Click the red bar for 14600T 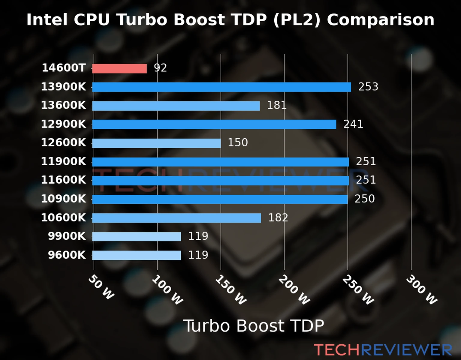click(x=119, y=68)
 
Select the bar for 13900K click(x=221, y=87)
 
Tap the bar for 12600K click(x=156, y=143)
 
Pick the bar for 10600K click(x=176, y=218)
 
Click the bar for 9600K click(x=137, y=255)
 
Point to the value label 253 click(x=368, y=87)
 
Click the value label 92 click(x=160, y=68)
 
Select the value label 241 click(x=353, y=124)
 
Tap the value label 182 click(x=278, y=217)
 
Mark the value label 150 click(x=238, y=142)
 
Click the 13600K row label click(x=63, y=105)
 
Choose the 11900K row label click(x=63, y=161)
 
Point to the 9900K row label click(x=67, y=236)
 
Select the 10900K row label click(x=63, y=199)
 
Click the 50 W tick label click(x=101, y=287)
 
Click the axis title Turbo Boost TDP click(x=254, y=326)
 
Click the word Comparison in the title click(x=381, y=20)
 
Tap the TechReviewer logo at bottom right click(x=383, y=350)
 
